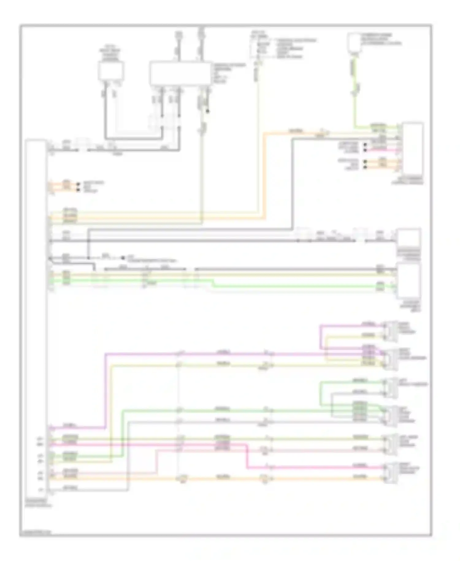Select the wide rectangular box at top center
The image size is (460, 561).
[x=180, y=73]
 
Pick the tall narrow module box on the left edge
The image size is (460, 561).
[x=36, y=319]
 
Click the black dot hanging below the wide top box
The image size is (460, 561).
[x=208, y=111]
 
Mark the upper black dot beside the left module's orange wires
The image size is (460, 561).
[x=78, y=184]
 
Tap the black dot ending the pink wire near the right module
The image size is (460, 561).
[x=365, y=150]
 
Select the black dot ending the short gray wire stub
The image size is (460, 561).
[x=123, y=258]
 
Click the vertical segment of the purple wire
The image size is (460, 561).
[x=106, y=390]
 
